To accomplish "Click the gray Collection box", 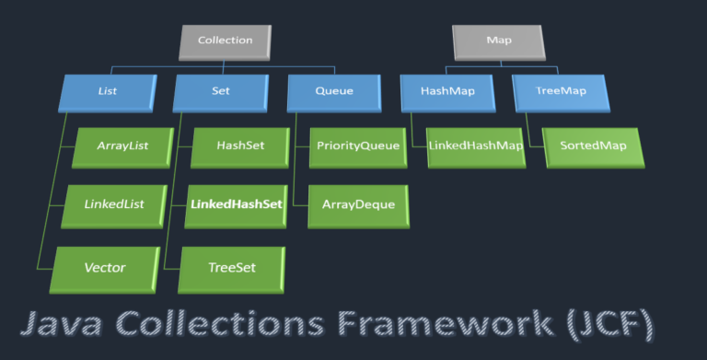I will pos(226,41).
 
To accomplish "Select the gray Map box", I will pos(497,41).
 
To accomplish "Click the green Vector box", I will pos(104,268).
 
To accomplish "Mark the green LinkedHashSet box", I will pos(236,204).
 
